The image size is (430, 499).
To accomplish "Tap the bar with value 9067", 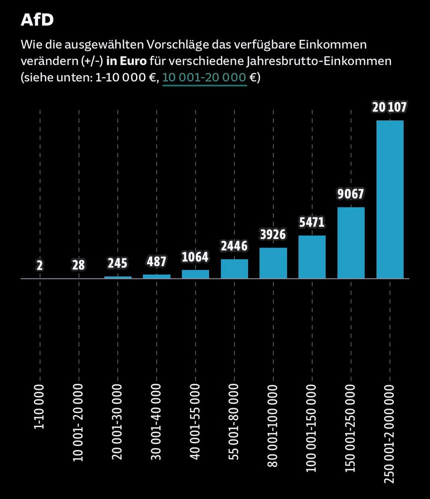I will tap(351, 243).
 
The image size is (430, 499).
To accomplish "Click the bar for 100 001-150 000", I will tap(312, 256).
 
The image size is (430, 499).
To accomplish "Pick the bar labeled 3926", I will tap(273, 262).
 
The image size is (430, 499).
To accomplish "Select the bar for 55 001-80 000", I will tap(234, 268).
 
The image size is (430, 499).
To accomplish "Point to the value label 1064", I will tap(195, 257).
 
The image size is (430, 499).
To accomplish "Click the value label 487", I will tap(156, 262).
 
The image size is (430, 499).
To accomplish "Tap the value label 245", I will tap(117, 263).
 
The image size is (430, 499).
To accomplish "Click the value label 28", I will tap(78, 265).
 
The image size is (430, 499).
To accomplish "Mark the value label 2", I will tap(39, 265).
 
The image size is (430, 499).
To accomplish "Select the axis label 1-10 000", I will tap(39, 406).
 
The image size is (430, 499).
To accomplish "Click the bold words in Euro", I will tap(126, 61).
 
